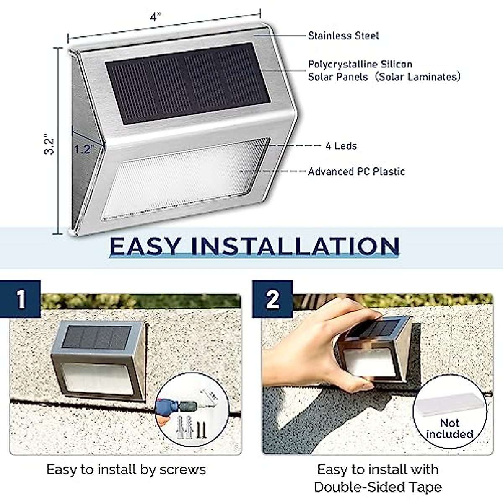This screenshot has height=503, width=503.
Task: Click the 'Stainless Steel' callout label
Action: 343,36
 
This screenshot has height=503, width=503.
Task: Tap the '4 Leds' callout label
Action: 341,146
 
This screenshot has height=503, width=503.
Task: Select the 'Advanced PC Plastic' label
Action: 356,171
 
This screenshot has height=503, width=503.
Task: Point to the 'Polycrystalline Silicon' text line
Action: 360,65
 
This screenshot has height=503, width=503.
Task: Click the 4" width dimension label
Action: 156,17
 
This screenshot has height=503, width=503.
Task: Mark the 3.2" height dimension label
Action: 49,144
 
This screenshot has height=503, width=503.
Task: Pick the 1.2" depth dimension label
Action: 83,148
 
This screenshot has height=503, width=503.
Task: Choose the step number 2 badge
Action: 272,299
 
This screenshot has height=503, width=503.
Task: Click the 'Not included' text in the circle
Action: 449,428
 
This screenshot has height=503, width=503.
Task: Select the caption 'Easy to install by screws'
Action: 126,469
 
